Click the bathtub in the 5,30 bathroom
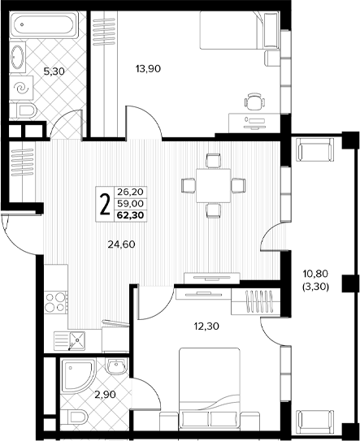(44, 24)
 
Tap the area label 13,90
(148, 68)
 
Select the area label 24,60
(121, 244)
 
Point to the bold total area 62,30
(130, 215)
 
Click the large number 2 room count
(105, 205)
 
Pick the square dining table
(214, 186)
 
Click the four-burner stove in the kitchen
(55, 302)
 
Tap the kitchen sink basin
(77, 340)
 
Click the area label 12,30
(206, 326)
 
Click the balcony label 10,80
(315, 273)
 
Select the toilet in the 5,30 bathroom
(23, 110)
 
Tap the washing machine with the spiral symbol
(21, 87)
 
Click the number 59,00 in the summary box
(130, 203)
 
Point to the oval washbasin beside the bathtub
(17, 58)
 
